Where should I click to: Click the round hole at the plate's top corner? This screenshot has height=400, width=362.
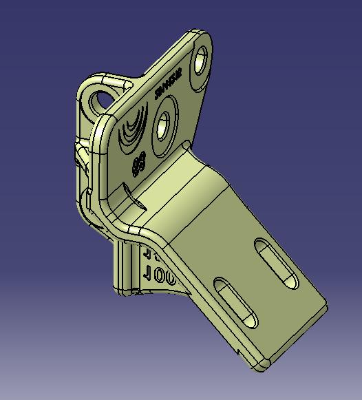coord(201,59)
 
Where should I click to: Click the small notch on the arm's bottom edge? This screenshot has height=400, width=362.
coord(238,352)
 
